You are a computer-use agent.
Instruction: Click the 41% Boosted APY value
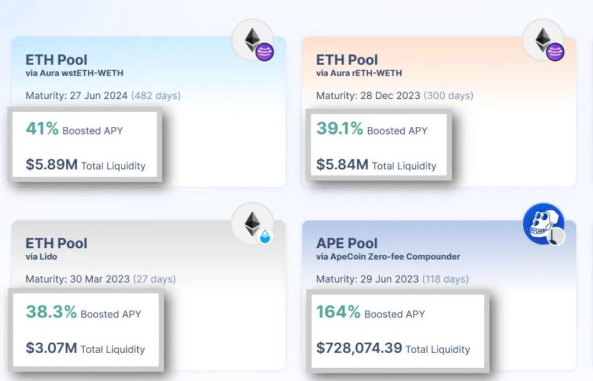click(42, 129)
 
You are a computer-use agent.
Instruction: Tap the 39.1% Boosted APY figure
click(339, 129)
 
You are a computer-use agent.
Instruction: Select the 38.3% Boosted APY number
click(51, 313)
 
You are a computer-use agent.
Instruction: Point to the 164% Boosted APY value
click(338, 313)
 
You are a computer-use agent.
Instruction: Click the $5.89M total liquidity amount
click(51, 165)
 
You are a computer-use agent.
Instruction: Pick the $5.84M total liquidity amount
click(342, 165)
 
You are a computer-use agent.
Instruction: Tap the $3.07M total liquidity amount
click(51, 348)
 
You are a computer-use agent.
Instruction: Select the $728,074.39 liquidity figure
click(359, 348)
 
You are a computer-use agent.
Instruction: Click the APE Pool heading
click(347, 243)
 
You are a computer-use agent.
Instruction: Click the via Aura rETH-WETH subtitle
click(359, 73)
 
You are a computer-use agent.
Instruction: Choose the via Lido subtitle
click(41, 257)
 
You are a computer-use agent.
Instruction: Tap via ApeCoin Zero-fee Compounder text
click(388, 257)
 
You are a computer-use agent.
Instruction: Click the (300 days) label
click(448, 96)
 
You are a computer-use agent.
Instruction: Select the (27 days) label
click(154, 279)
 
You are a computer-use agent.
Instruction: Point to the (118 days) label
click(445, 279)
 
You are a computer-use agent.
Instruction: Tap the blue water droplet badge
click(265, 237)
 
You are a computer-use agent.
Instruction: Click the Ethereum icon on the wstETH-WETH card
click(252, 41)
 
